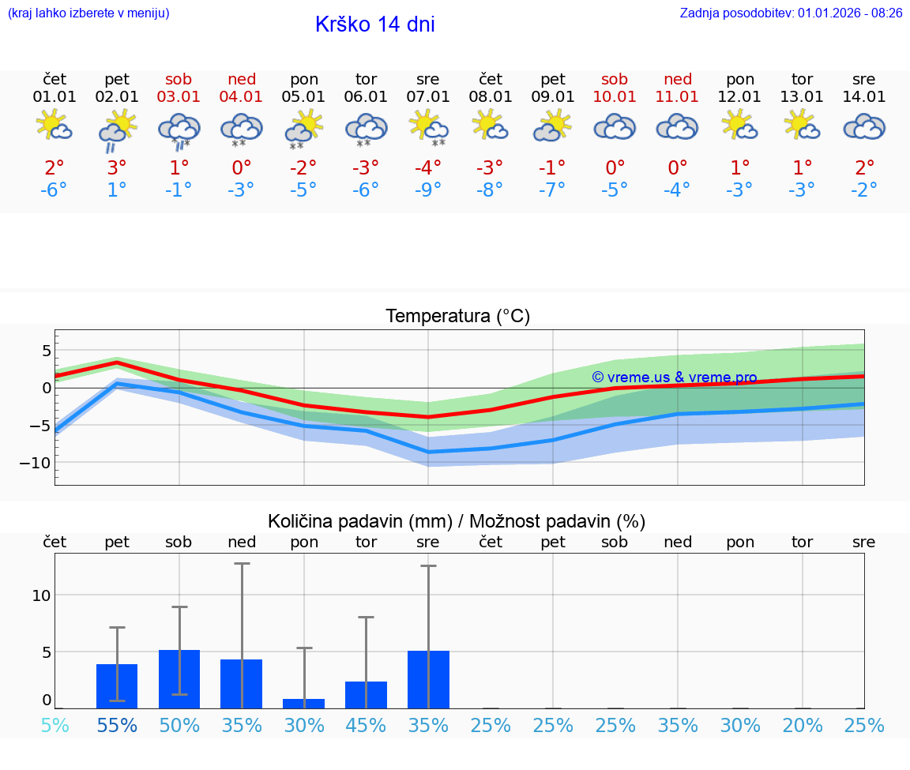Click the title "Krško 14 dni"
[374, 24]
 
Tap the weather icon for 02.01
[117, 129]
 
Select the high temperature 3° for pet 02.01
[117, 167]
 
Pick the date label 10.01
[615, 97]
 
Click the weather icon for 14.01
[864, 127]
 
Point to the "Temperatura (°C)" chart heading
[457, 317]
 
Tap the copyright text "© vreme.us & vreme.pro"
[674, 377]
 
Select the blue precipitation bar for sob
[179, 679]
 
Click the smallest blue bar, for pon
[304, 703]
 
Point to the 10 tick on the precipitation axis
[41, 595]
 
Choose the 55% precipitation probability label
[117, 725]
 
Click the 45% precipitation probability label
[367, 725]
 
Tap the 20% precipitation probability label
[803, 725]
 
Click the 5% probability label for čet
[55, 725]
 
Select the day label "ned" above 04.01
[242, 80]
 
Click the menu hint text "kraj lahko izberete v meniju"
[88, 13]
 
